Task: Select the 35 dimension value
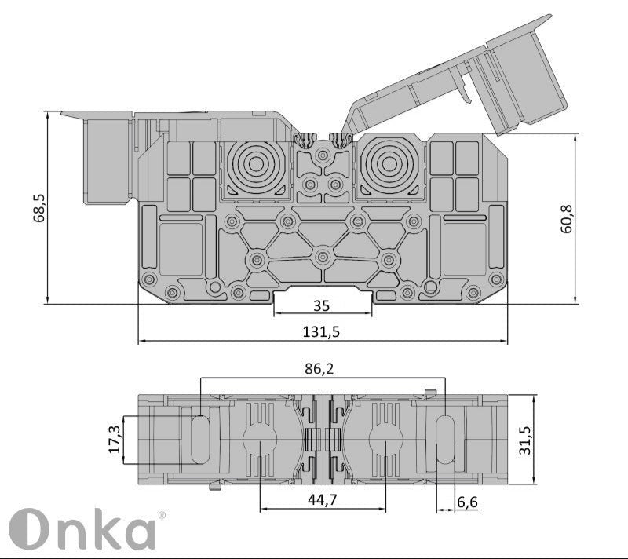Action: [x=321, y=305]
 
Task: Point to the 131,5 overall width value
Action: [x=321, y=331]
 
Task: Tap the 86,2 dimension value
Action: [x=324, y=367]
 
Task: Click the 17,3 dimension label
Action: [x=115, y=440]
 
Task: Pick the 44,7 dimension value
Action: [x=323, y=500]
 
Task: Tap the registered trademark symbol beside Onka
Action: [x=162, y=515]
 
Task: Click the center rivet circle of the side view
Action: [x=322, y=257]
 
